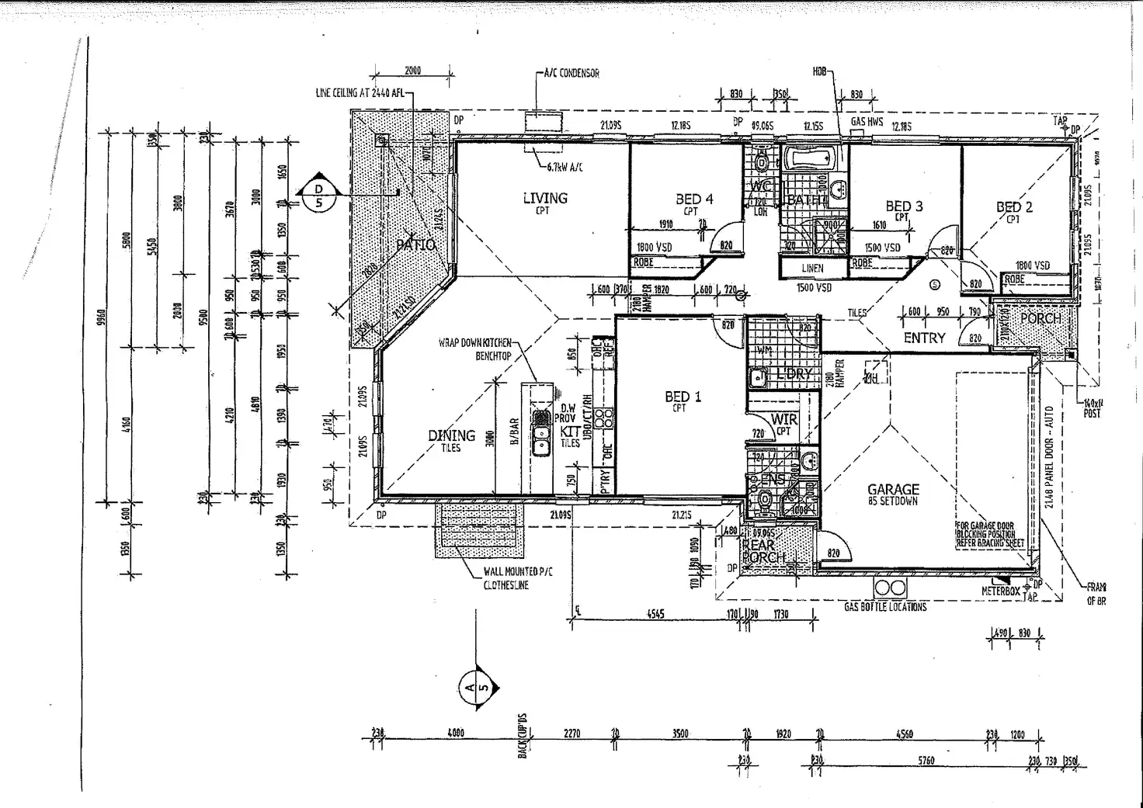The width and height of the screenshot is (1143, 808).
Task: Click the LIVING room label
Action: pyautogui.click(x=544, y=199)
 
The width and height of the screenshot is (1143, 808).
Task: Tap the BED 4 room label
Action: pyautogui.click(x=693, y=199)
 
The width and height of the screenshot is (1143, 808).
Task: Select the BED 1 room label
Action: pyautogui.click(x=683, y=397)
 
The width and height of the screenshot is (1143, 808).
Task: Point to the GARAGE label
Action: pyautogui.click(x=893, y=489)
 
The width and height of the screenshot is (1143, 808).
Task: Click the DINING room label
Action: pyautogui.click(x=451, y=435)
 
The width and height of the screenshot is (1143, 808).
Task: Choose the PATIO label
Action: pyautogui.click(x=415, y=244)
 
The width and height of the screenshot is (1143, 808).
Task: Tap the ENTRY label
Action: pyautogui.click(x=924, y=338)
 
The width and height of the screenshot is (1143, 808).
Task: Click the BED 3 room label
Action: pyautogui.click(x=904, y=206)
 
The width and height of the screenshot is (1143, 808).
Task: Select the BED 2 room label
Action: pyautogui.click(x=1014, y=207)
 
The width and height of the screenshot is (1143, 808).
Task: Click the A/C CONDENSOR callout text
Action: pyautogui.click(x=571, y=73)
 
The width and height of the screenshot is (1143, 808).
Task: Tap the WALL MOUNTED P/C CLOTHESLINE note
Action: pyautogui.click(x=518, y=578)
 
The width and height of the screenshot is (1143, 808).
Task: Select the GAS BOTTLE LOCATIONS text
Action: pyautogui.click(x=885, y=607)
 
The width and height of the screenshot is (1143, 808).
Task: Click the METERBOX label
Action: pyautogui.click(x=1000, y=591)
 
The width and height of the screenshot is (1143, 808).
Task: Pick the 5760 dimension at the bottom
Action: pyautogui.click(x=926, y=761)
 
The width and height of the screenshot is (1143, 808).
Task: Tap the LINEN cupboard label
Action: pyautogui.click(x=812, y=269)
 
